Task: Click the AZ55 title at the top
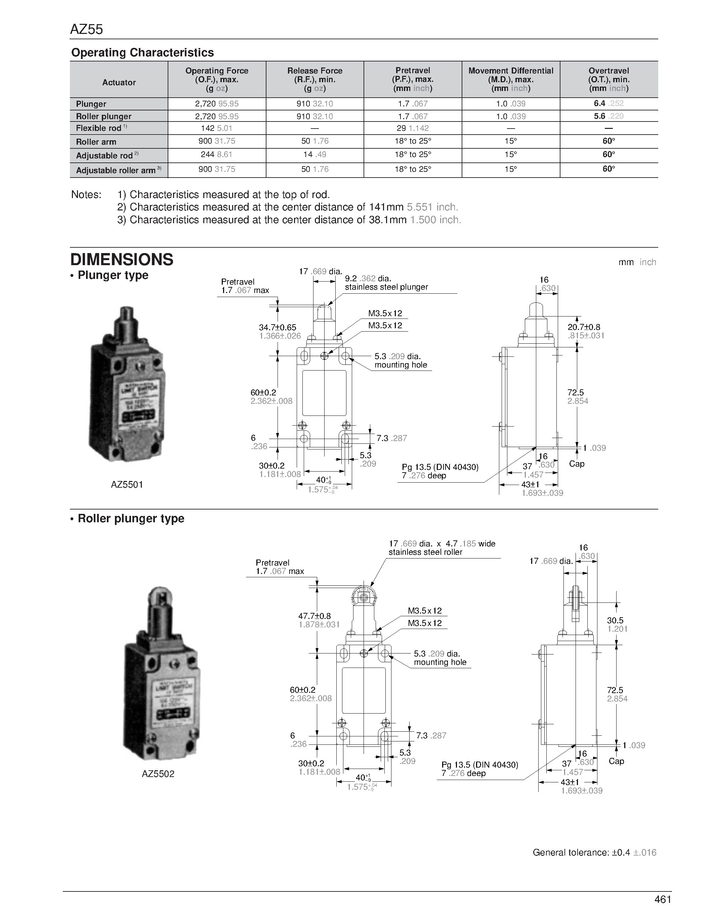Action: click(86, 29)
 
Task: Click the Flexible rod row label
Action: click(99, 129)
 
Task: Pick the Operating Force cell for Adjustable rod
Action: click(217, 155)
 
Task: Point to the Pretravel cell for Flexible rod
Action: click(412, 129)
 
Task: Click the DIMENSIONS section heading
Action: click(122, 259)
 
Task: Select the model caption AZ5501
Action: click(127, 485)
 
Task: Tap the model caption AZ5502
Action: click(158, 774)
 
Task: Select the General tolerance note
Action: click(594, 853)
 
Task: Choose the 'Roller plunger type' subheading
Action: click(131, 519)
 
